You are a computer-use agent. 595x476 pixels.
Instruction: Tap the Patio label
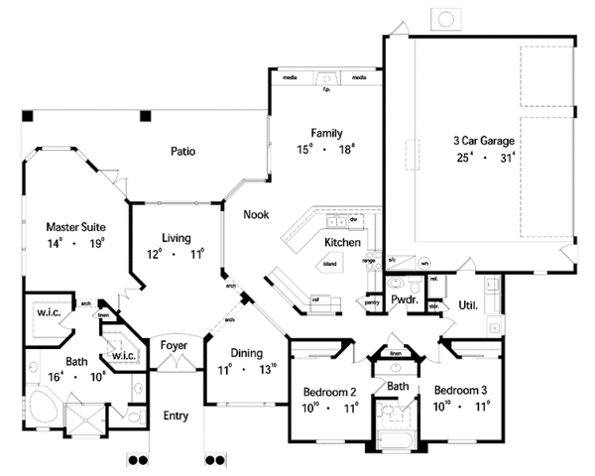point(181,152)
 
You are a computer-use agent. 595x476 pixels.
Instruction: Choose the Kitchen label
point(341,242)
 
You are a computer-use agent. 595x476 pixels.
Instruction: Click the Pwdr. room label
point(403,297)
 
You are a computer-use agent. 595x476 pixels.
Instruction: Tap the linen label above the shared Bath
point(394,353)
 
